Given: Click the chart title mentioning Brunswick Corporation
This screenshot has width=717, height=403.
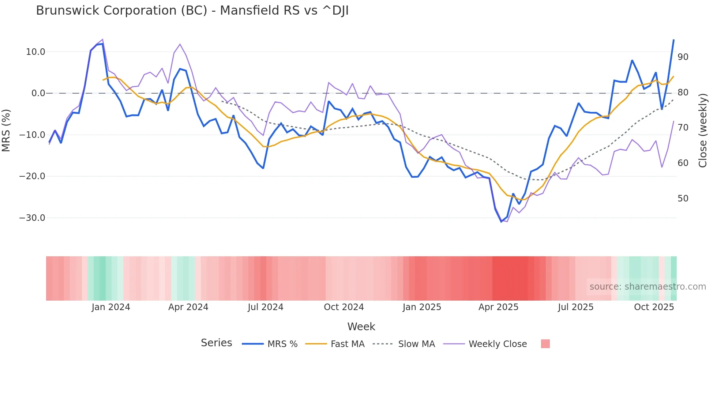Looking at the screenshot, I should [192, 11].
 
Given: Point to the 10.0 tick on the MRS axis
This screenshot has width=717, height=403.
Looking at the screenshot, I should [35, 52].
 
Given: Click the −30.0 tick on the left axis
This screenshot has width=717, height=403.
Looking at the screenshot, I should [32, 218].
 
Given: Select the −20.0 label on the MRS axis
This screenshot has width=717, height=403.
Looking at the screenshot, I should [32, 176].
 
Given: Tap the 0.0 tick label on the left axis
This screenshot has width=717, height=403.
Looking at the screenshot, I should [38, 93].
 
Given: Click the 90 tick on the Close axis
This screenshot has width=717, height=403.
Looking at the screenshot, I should [683, 57].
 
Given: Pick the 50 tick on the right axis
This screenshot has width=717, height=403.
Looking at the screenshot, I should [683, 199].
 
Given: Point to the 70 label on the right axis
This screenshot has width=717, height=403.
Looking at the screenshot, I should [683, 128].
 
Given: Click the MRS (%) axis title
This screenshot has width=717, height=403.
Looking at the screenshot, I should [6, 130].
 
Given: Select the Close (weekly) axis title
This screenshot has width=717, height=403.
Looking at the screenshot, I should [703, 130].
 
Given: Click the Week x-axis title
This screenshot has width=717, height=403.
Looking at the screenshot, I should [361, 327].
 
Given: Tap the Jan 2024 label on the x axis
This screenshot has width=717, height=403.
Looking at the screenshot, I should [111, 307].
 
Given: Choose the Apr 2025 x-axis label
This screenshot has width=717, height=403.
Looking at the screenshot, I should [498, 307].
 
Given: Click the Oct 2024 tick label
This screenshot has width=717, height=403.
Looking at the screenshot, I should [344, 307].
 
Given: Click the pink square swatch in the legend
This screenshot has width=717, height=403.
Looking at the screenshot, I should [545, 344].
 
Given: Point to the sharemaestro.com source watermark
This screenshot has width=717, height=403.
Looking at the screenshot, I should [647, 287].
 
